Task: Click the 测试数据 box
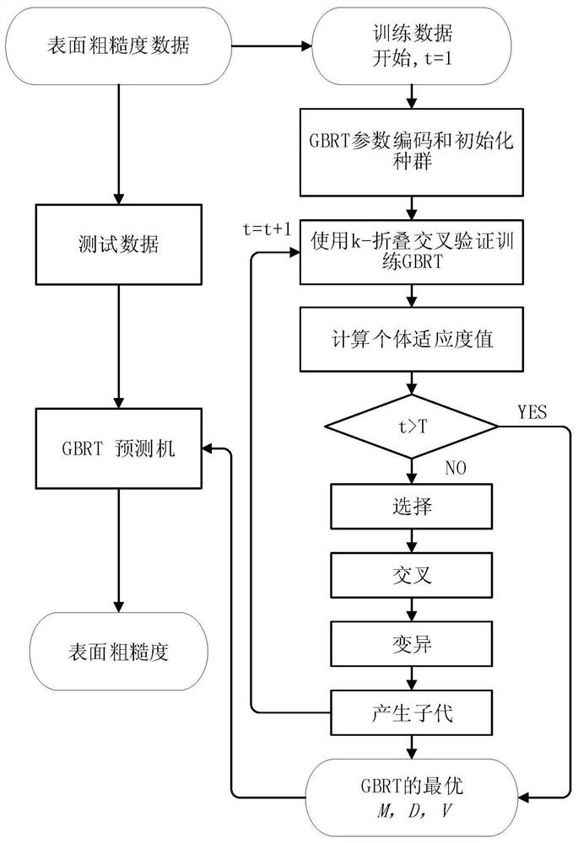(x=118, y=245)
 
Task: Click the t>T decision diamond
(x=411, y=427)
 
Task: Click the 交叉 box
(x=411, y=576)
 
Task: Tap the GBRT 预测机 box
(x=118, y=448)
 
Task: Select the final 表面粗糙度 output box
(x=118, y=652)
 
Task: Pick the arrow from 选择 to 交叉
(x=411, y=540)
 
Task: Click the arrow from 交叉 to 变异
(x=411, y=609)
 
